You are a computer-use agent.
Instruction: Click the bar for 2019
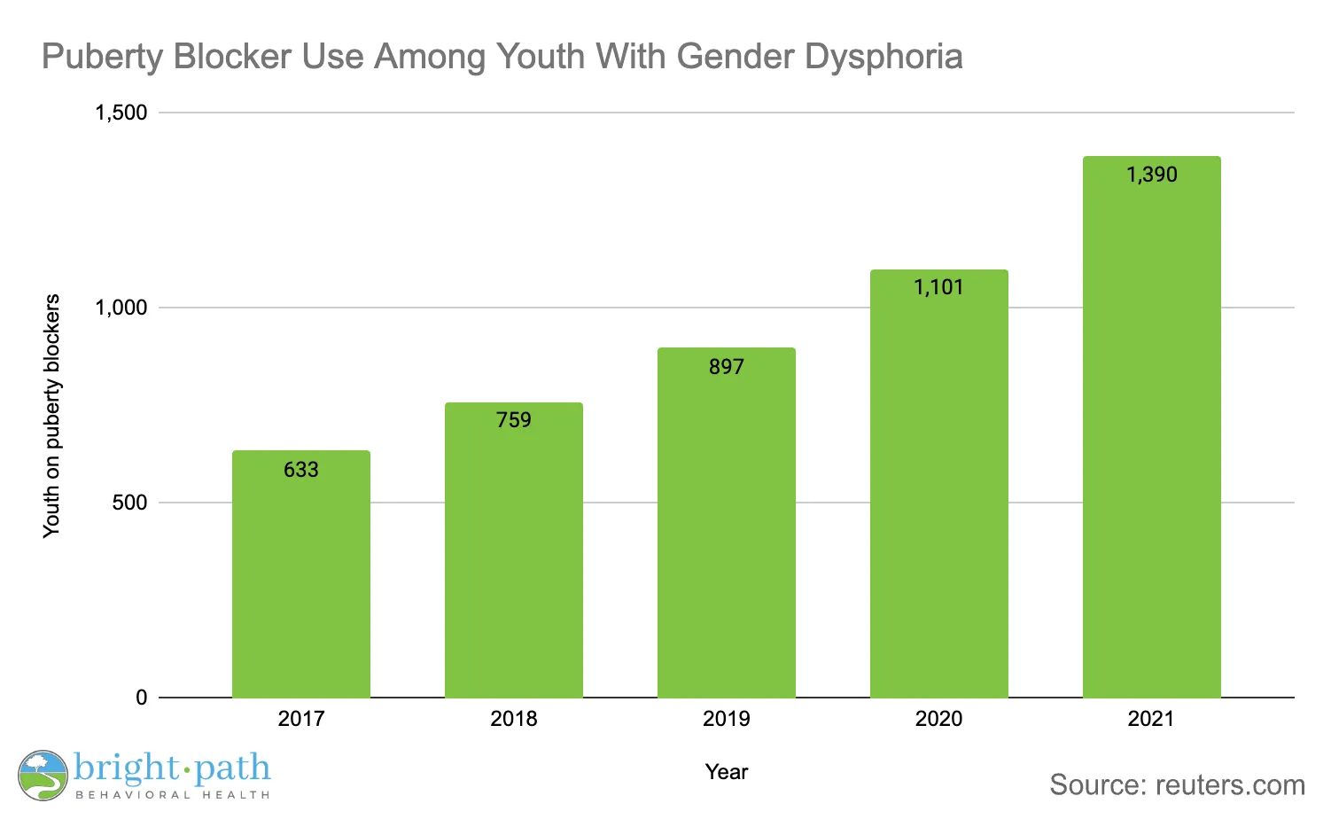pyautogui.click(x=727, y=532)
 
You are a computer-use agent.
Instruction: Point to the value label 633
pyautogui.click(x=301, y=470)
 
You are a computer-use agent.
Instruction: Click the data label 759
pyautogui.click(x=514, y=420)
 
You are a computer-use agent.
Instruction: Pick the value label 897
pyautogui.click(x=727, y=367)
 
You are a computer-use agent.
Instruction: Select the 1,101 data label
pyautogui.click(x=938, y=287)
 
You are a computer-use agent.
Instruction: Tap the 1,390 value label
pyautogui.click(x=1151, y=175)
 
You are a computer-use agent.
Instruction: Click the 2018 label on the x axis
pyautogui.click(x=514, y=719)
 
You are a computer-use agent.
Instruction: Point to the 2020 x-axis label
pyautogui.click(x=938, y=719)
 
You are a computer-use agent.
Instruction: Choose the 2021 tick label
pyautogui.click(x=1151, y=719)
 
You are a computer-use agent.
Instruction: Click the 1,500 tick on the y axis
pyautogui.click(x=121, y=113)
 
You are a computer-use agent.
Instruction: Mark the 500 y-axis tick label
pyautogui.click(x=129, y=503)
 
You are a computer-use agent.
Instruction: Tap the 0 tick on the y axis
pyautogui.click(x=142, y=698)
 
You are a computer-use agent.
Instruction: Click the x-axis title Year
pyautogui.click(x=727, y=772)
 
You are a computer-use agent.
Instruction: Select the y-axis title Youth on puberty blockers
pyautogui.click(x=52, y=415)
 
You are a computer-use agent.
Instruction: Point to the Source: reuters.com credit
pyautogui.click(x=1177, y=785)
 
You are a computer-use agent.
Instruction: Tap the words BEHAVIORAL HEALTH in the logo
pyautogui.click(x=173, y=795)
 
